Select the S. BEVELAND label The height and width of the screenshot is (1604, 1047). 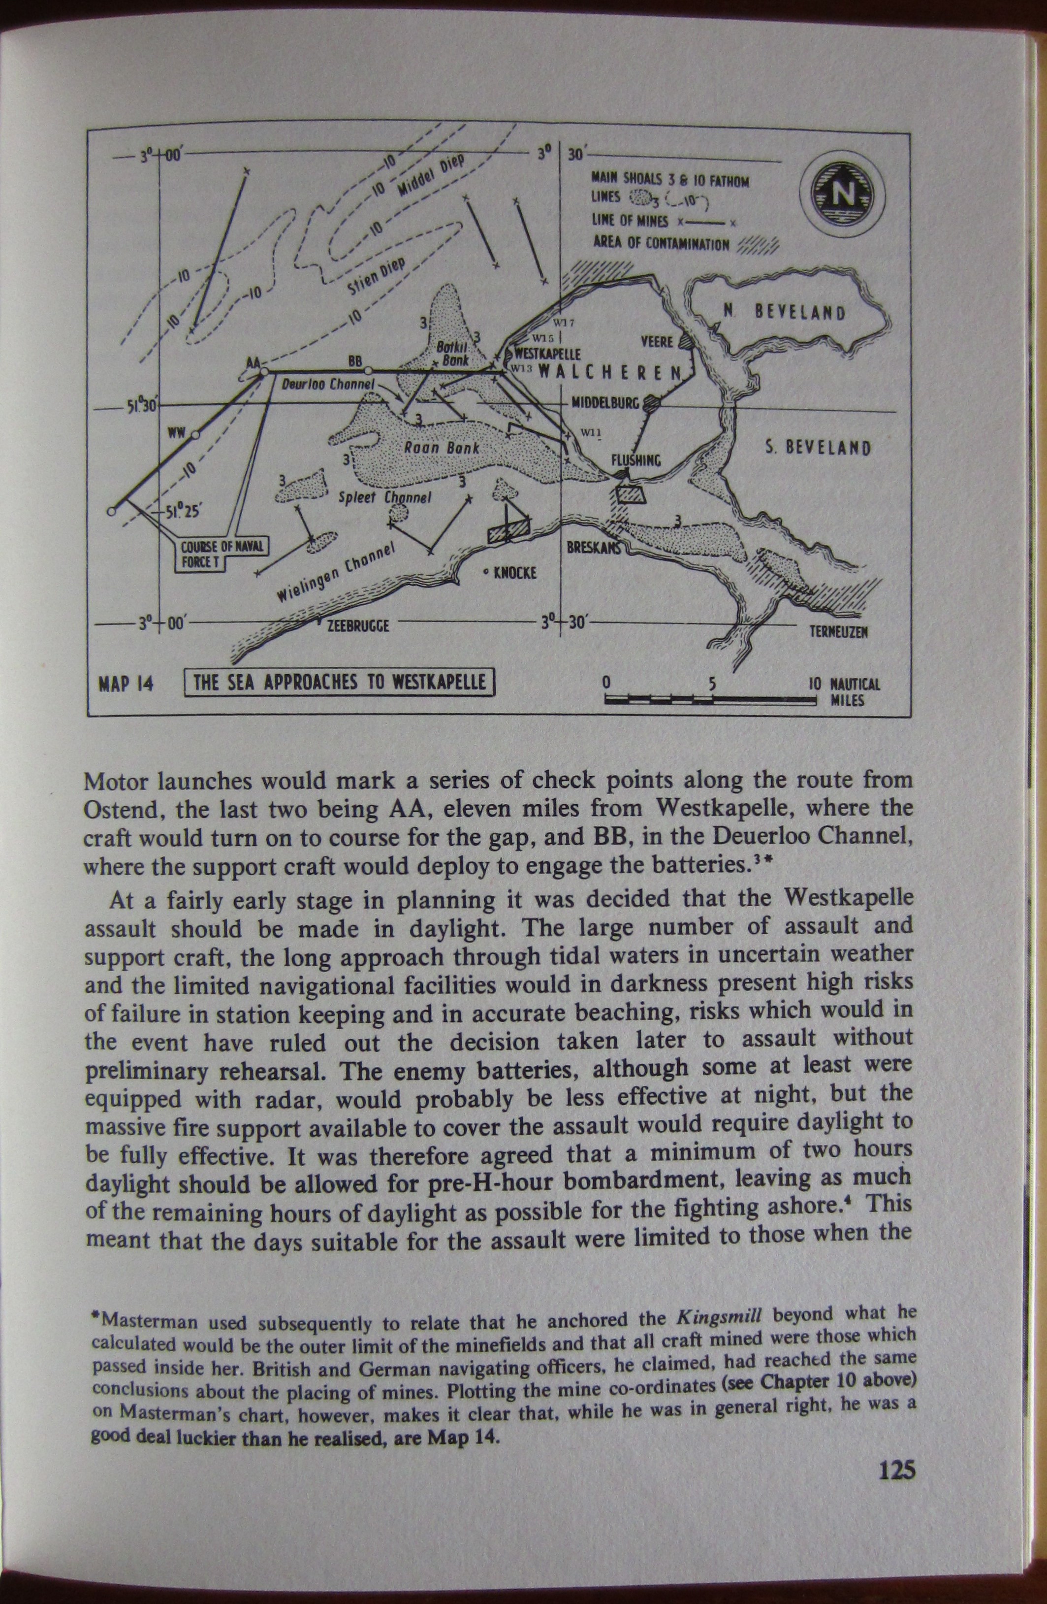click(818, 448)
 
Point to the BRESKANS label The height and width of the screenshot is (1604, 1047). click(592, 548)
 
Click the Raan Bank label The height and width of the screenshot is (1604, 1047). click(442, 448)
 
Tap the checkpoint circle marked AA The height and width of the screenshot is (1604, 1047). click(264, 371)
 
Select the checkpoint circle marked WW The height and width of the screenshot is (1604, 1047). click(195, 435)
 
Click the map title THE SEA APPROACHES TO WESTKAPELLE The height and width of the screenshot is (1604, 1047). click(340, 682)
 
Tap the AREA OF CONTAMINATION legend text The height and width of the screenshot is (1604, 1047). click(661, 243)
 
